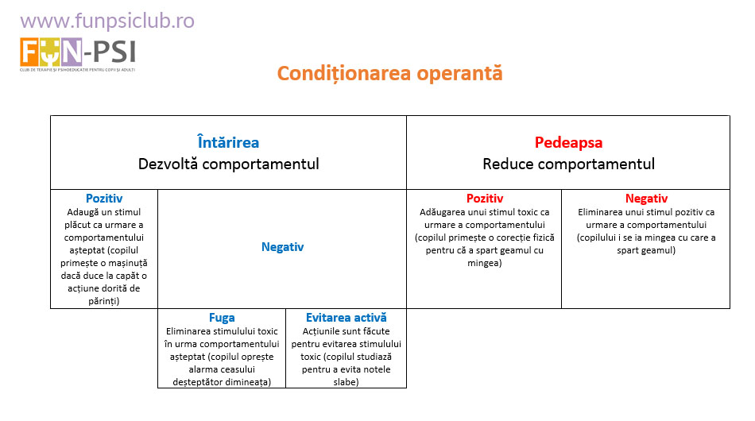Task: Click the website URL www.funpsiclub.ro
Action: pyautogui.click(x=106, y=20)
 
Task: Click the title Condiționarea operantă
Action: pyautogui.click(x=389, y=73)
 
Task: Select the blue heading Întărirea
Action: pyautogui.click(x=228, y=143)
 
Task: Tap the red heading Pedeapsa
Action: pyautogui.click(x=568, y=143)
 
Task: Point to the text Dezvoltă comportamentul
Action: pyautogui.click(x=228, y=164)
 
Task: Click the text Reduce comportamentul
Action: pyautogui.click(x=568, y=164)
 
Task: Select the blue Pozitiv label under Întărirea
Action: pyautogui.click(x=104, y=199)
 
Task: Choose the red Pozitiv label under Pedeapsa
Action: pyautogui.click(x=484, y=199)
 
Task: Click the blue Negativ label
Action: pyautogui.click(x=282, y=247)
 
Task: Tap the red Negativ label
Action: pyautogui.click(x=645, y=199)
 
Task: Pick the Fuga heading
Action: pyautogui.click(x=222, y=318)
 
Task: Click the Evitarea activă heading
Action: pyautogui.click(x=346, y=318)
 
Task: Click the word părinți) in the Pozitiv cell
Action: pyautogui.click(x=104, y=300)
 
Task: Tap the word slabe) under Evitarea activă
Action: pyautogui.click(x=346, y=382)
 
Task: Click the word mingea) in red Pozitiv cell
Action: pyautogui.click(x=484, y=262)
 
